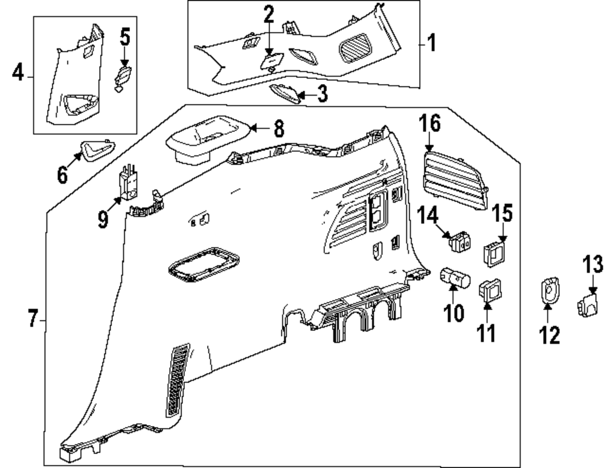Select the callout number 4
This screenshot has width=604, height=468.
coord(18,74)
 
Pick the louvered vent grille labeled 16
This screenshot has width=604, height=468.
coord(455,181)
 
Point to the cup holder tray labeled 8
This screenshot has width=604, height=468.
coord(205,139)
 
